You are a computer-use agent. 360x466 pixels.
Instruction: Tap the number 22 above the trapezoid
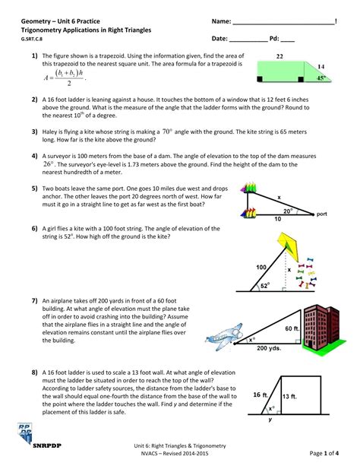click(279, 57)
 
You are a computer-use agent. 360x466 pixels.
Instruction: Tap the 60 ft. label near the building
click(292, 328)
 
